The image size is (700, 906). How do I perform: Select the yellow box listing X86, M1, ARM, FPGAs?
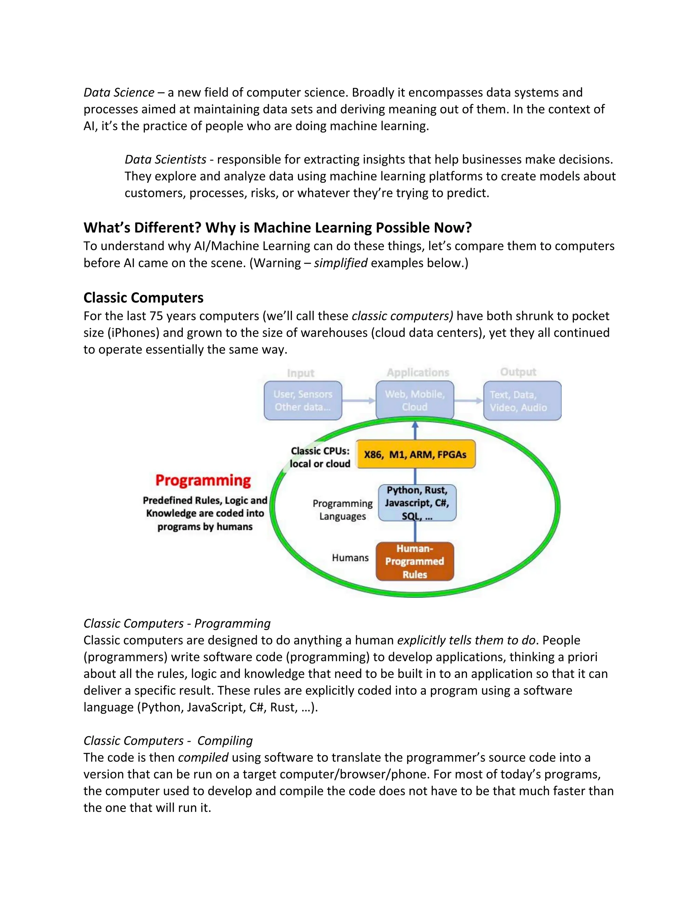(x=416, y=454)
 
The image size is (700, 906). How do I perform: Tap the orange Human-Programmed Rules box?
(x=415, y=561)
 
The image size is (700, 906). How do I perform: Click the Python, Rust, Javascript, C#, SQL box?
(x=417, y=503)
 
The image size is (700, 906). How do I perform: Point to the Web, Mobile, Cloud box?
(x=415, y=400)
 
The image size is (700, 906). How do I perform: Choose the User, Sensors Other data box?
(x=303, y=400)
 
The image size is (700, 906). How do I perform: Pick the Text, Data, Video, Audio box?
(x=522, y=401)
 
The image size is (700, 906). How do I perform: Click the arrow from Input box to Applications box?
(x=359, y=401)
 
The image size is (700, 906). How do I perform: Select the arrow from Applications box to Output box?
(x=469, y=401)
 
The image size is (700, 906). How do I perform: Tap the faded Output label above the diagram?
(x=518, y=372)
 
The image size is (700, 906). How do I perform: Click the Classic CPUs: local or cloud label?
(x=320, y=457)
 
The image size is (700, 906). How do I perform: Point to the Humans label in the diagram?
(x=350, y=558)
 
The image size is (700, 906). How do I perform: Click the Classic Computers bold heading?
(x=144, y=297)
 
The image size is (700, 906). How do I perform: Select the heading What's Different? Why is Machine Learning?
(x=278, y=227)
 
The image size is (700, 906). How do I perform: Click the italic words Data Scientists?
(x=165, y=159)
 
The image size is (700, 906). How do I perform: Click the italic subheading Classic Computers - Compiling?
(x=168, y=741)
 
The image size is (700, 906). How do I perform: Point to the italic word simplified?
(x=340, y=263)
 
